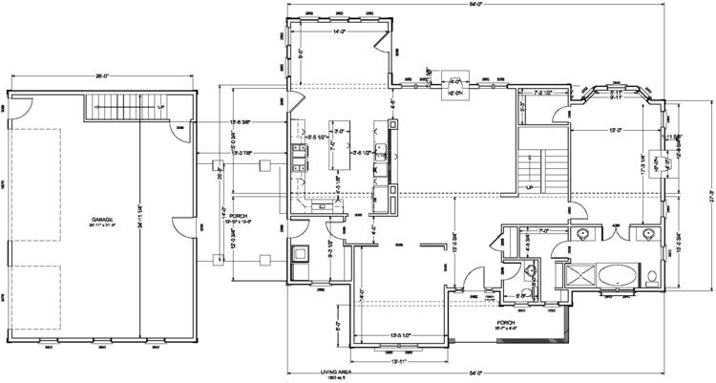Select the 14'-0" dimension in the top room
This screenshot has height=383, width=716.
coord(339,32)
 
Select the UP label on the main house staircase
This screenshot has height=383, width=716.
coord(529,187)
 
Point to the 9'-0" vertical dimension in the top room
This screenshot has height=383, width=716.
coord(302,53)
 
